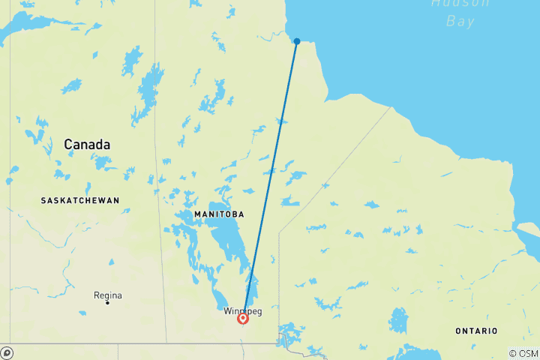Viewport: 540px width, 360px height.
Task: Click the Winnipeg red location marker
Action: tap(243, 319)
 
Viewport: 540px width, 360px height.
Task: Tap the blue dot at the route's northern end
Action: tap(297, 41)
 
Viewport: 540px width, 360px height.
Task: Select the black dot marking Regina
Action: tap(107, 302)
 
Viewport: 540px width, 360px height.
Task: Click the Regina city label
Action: tap(107, 295)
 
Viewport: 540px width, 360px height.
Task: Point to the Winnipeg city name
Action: tap(243, 310)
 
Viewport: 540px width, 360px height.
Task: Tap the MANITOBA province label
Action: tap(219, 214)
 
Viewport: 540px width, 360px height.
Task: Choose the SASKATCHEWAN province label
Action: tap(81, 200)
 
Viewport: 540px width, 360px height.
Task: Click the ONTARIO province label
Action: tap(477, 331)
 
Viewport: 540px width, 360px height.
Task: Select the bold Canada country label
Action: tap(87, 144)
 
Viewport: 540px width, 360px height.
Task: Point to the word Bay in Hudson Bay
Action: tap(460, 21)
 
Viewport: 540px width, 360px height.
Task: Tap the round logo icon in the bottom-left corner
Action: tap(7, 352)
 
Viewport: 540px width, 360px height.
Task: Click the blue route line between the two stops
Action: tap(270, 180)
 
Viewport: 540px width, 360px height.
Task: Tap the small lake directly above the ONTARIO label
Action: tap(398, 320)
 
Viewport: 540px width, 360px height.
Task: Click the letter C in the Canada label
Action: tap(68, 144)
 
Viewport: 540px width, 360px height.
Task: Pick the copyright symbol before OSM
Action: tap(513, 353)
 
